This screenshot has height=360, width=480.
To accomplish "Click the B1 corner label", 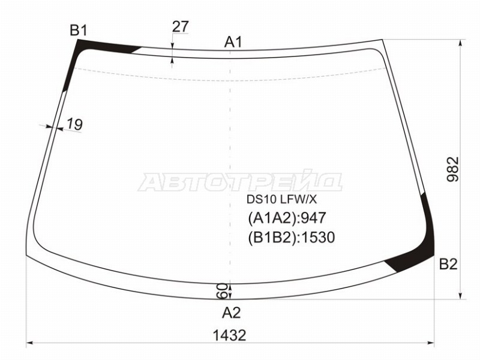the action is [79, 31].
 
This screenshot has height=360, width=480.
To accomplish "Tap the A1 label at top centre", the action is [233, 42].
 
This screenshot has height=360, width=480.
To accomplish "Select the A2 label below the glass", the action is [232, 313].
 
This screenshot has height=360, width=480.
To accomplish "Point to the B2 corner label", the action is [448, 264].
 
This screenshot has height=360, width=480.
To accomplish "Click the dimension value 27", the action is [181, 26].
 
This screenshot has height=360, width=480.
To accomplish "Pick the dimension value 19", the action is [74, 124].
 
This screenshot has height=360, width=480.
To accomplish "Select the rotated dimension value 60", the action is [223, 291].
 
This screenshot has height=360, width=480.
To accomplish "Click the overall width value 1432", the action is [229, 335].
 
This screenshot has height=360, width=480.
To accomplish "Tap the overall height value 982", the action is [453, 169].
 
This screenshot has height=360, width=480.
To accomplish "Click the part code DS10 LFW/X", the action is [282, 200].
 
